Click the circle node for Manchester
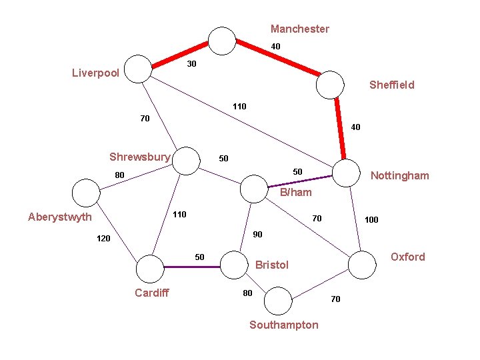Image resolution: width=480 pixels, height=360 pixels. point(223,40)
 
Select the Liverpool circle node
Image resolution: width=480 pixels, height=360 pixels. point(139,68)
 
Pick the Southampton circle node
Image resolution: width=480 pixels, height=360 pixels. point(278,300)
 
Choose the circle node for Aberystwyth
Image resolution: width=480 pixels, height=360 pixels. point(85,193)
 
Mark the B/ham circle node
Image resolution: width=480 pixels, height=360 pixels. point(253,188)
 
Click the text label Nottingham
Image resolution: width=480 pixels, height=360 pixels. point(399,176)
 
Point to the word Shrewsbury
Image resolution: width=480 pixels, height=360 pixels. point(140,157)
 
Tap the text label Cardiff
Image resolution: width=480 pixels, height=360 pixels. point(152,293)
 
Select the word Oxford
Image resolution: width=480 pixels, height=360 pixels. point(407,257)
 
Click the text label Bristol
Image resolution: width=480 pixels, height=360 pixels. point(272,265)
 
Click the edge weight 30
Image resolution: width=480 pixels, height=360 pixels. point(191,64)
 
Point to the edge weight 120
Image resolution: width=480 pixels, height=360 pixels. point(103,238)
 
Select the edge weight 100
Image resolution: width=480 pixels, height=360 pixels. point(371,219)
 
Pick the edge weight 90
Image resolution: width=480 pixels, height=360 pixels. point(258,235)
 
